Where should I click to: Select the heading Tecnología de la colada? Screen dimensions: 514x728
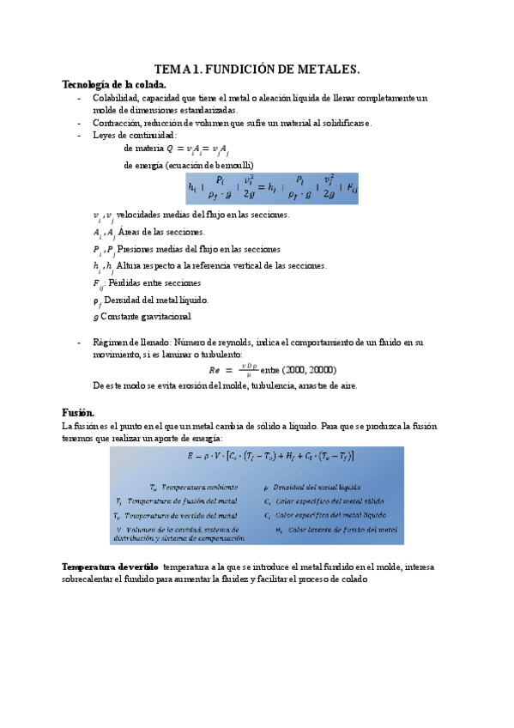(113, 84)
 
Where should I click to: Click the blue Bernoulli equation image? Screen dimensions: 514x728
(272, 188)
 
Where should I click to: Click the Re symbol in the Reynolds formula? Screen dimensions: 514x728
(215, 370)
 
